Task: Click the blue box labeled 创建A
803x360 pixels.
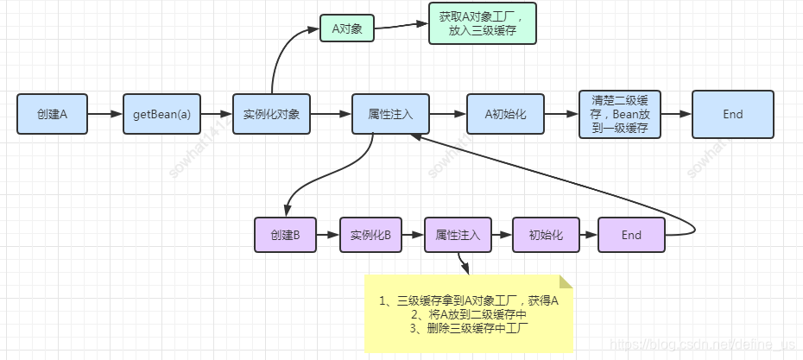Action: tap(52, 114)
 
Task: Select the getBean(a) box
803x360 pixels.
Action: tap(161, 114)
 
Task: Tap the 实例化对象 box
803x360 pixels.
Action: tap(271, 114)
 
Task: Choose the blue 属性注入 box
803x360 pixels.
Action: tap(390, 114)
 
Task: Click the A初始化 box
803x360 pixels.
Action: tap(505, 114)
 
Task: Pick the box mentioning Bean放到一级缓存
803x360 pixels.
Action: tap(619, 114)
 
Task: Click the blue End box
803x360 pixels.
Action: tap(732, 114)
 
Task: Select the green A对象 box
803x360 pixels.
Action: tap(346, 28)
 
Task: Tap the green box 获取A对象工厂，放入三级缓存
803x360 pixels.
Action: tap(483, 23)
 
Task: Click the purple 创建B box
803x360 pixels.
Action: tap(285, 235)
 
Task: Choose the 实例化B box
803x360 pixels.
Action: tap(370, 235)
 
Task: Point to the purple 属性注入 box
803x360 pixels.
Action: tap(458, 235)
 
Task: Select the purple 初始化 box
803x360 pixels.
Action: tap(546, 235)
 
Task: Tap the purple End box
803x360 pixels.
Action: tap(631, 235)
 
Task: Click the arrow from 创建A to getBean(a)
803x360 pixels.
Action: tap(104, 114)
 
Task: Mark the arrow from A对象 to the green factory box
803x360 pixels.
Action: tap(401, 25)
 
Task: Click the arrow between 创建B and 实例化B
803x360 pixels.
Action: tap(327, 235)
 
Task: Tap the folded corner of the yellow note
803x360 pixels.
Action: tap(566, 281)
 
